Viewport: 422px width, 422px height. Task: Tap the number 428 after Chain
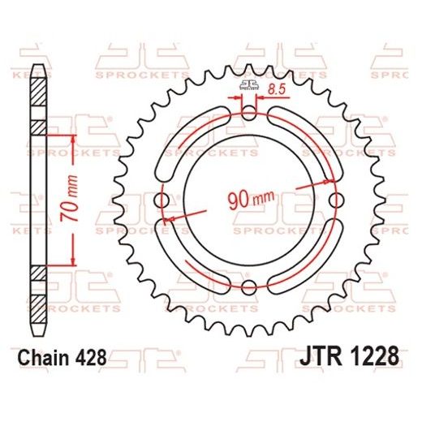coord(92,357)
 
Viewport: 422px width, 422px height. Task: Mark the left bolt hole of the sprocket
coord(164,200)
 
